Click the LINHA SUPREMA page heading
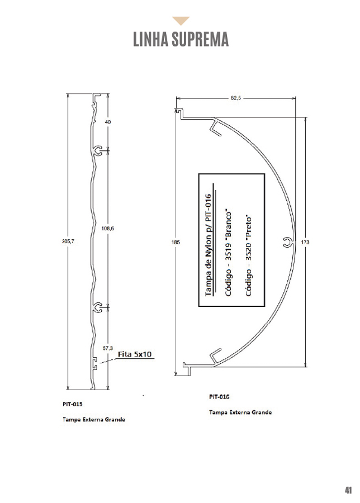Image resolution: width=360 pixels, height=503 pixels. tap(181, 39)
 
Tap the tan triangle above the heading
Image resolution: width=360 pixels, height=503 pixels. tap(181, 21)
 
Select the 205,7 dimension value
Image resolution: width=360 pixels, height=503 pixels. tap(68, 241)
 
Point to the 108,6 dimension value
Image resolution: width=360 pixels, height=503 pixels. tap(108, 229)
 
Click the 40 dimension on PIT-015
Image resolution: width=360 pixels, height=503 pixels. tap(108, 122)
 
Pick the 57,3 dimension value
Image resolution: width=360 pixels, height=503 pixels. tap(108, 348)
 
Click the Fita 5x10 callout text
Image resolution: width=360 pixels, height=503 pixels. tap(135, 354)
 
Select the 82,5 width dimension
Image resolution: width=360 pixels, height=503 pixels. tap(235, 98)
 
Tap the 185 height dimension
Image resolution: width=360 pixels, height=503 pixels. tap(176, 242)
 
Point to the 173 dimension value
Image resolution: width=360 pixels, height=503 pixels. tap(305, 242)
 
